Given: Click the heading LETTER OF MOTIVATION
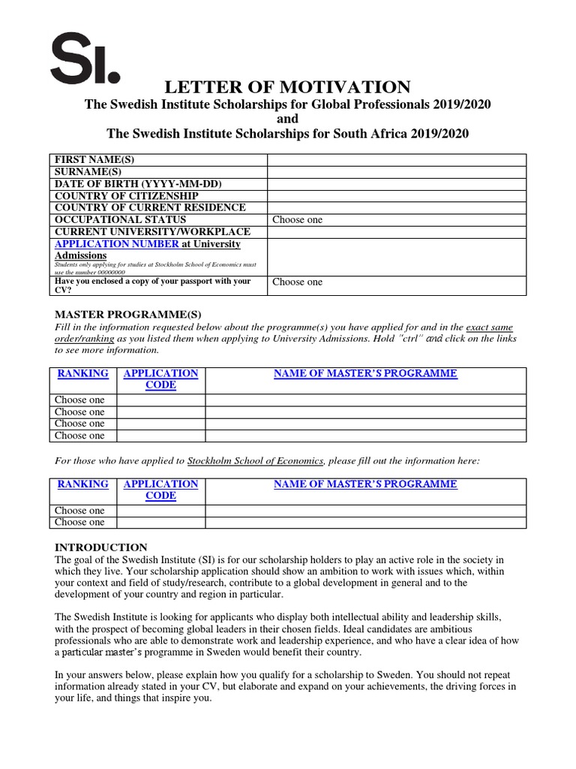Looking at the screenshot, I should [287, 86].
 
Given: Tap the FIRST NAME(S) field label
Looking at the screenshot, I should [94, 160].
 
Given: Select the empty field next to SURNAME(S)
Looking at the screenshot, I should [397, 172].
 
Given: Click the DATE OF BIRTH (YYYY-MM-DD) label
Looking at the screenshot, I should [138, 184].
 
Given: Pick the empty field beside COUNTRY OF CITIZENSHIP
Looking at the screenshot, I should [397, 196].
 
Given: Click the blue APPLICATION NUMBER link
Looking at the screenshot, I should [117, 244].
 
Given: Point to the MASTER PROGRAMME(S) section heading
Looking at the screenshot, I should [129, 314].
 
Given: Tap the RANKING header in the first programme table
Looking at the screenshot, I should [82, 373].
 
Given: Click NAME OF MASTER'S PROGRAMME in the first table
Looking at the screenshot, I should [365, 373].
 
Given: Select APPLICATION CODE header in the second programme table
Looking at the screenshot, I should [160, 490].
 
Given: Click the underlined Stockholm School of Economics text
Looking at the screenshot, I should [255, 460].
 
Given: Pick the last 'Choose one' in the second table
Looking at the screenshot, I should [79, 522].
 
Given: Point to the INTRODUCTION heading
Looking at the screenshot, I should [101, 547].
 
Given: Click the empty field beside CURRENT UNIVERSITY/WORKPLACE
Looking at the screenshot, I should [397, 232].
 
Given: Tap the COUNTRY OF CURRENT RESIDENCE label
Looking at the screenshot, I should [149, 208].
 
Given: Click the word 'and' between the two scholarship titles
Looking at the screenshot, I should [287, 119].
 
